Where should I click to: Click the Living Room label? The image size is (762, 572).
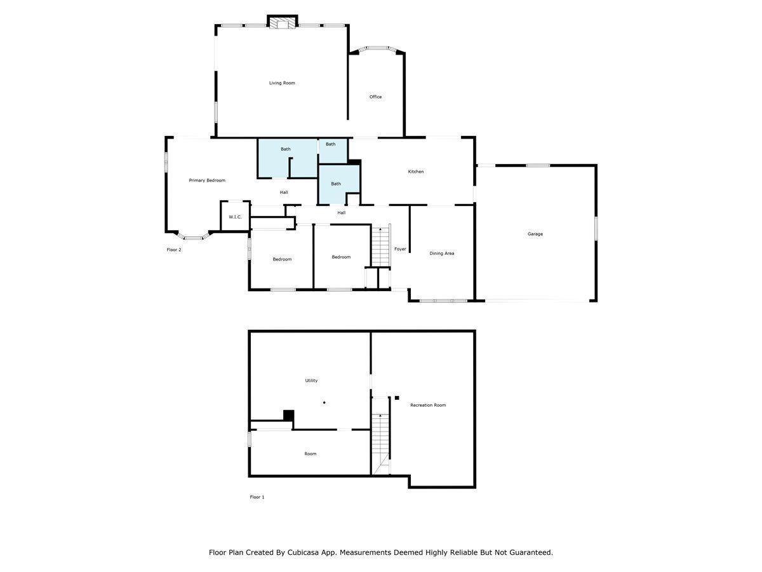click(282, 83)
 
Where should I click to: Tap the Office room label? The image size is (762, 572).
click(375, 97)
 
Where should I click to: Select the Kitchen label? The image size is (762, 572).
click(415, 172)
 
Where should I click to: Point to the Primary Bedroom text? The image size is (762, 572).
click(207, 180)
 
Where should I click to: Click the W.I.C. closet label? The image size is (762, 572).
click(235, 217)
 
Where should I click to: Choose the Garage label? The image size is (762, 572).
click(535, 234)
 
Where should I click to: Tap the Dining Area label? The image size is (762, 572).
click(441, 254)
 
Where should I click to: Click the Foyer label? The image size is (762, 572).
click(400, 249)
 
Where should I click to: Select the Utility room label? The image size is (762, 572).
click(311, 381)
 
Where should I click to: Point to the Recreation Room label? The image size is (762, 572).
click(428, 405)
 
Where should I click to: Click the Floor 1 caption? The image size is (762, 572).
click(257, 497)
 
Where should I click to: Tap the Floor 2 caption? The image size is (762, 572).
click(174, 250)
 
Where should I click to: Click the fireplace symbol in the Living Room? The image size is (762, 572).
click(282, 23)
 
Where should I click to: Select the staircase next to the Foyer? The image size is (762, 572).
click(380, 246)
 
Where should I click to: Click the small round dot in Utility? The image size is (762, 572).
click(324, 402)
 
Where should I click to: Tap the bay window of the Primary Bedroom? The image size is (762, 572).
click(193, 236)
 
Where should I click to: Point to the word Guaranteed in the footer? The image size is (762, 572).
click(528, 552)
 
